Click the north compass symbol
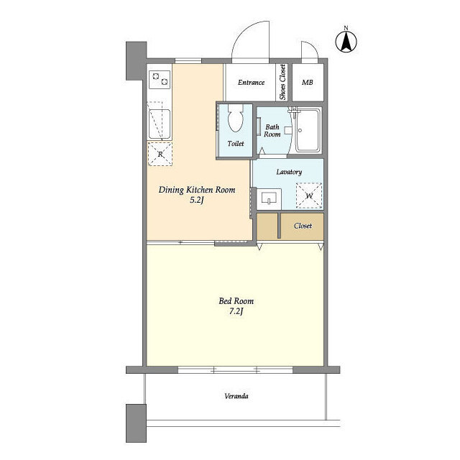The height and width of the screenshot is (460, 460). pyautogui.click(x=346, y=40)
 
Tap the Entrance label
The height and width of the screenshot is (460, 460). pyautogui.click(x=251, y=83)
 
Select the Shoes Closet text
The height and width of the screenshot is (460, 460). pyautogui.click(x=282, y=82)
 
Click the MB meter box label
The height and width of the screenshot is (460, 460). pyautogui.click(x=308, y=83)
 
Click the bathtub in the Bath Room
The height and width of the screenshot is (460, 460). pyautogui.click(x=308, y=130)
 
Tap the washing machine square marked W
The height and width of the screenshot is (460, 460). pyautogui.click(x=309, y=195)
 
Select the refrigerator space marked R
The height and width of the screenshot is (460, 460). pyautogui.click(x=160, y=154)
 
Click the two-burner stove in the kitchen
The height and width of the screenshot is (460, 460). pyautogui.click(x=160, y=80)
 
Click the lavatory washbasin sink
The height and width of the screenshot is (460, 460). pyautogui.click(x=269, y=198)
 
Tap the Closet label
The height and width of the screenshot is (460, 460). pyautogui.click(x=303, y=226)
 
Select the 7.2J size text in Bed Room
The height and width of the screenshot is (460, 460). pyautogui.click(x=236, y=311)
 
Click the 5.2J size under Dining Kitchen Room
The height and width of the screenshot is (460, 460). pyautogui.click(x=196, y=200)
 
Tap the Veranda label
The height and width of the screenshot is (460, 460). pyautogui.click(x=236, y=396)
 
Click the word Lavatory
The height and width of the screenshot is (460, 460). pyautogui.click(x=289, y=172)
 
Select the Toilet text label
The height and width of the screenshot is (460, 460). pyautogui.click(x=236, y=144)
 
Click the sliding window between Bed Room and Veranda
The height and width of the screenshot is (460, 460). pyautogui.click(x=235, y=370)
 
